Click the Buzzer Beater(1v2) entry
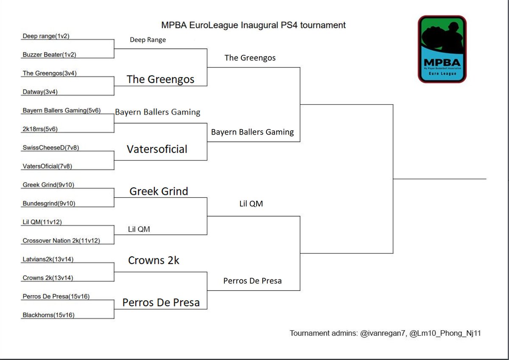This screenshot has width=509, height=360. tap(49, 55)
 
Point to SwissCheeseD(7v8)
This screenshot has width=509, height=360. tap(51, 147)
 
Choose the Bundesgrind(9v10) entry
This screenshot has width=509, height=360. tap(49, 203)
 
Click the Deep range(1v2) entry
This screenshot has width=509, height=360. tap(46, 36)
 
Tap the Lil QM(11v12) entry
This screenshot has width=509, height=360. tap(43, 222)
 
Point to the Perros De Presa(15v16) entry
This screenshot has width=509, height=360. tap(56, 296)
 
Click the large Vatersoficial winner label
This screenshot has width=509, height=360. tap(157, 149)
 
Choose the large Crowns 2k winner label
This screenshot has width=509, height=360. tap(154, 260)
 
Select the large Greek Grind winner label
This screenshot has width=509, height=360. tap(159, 191)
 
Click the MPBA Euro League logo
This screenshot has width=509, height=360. tap(442, 49)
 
